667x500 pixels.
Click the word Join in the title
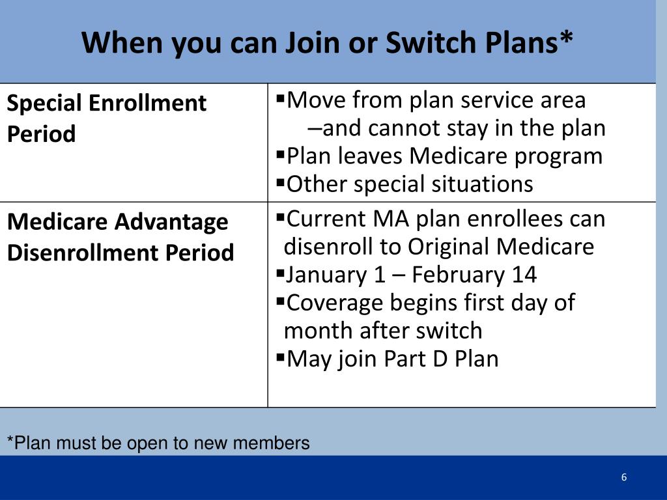point(313,42)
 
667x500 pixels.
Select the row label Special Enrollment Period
point(107,118)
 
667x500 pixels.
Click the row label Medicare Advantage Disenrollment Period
point(121,237)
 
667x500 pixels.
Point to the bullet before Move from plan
point(280,99)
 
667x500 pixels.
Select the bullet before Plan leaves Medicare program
point(280,154)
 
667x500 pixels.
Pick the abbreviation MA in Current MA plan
point(391,219)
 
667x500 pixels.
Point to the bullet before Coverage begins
point(280,301)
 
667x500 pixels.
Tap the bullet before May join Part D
point(280,357)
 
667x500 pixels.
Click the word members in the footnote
point(271,443)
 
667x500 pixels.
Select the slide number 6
point(623,477)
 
